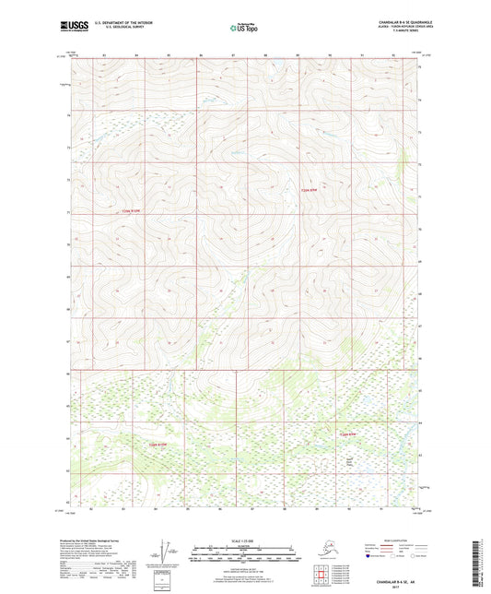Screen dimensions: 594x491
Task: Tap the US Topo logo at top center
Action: coord(243,27)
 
